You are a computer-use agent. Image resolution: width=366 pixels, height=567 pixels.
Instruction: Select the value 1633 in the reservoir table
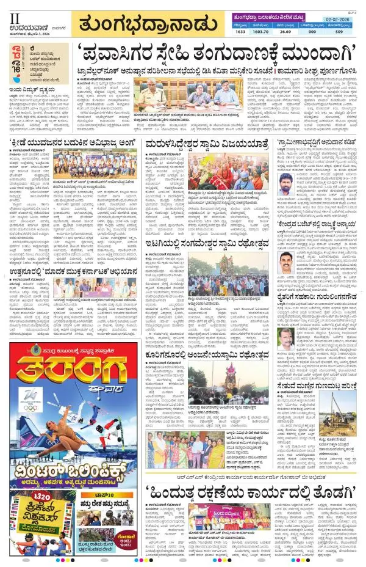coord(240,31)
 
